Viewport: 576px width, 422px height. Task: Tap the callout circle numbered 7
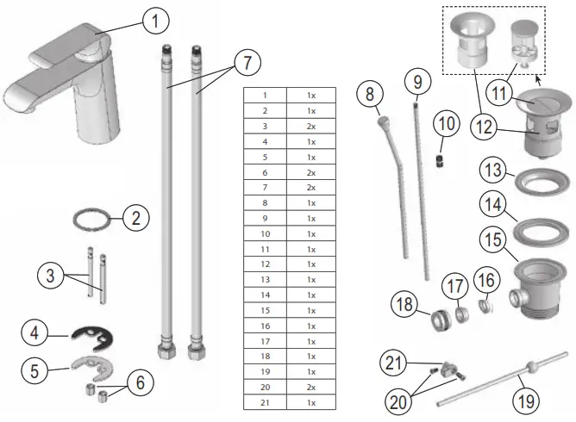point(247,63)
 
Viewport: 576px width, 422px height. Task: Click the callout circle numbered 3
point(50,276)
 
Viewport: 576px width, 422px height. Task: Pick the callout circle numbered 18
point(405,305)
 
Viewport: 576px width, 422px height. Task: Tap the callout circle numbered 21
point(395,363)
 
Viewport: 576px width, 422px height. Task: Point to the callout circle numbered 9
point(416,84)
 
